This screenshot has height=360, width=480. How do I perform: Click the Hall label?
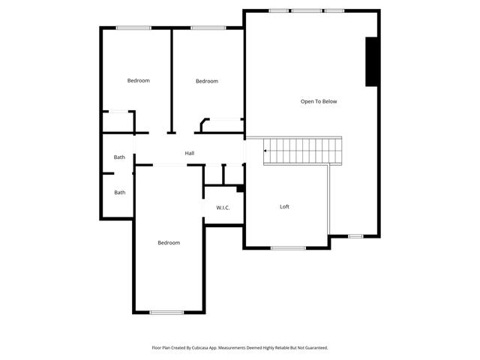pos(190,153)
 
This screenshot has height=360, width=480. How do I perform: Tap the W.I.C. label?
pos(223,208)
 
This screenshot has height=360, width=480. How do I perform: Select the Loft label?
pos(284,207)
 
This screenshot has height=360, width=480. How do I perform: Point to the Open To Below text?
pos(319,102)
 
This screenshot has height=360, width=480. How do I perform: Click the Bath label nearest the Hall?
pos(119,157)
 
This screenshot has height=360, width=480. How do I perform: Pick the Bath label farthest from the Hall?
pos(120,192)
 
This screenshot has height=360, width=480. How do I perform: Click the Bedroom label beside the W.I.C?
pos(169,243)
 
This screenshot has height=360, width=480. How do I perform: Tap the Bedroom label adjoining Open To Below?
pos(207,81)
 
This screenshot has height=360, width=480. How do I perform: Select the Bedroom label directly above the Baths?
pos(138,80)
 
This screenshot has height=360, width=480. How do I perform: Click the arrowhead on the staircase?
pos(265,151)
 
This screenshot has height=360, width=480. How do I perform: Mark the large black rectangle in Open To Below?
pos(371,61)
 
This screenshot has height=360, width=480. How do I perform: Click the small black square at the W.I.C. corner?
pos(240,189)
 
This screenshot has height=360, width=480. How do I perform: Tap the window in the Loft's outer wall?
pos(288,248)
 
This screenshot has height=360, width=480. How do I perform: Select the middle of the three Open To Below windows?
pos(307,10)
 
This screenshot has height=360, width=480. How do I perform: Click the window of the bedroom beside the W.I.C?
pos(166,313)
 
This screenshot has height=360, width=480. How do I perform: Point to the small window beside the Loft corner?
pos(355,236)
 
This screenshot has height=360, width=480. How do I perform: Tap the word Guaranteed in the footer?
pos(317,348)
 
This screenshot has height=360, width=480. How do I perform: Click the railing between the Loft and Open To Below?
pos(328,199)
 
